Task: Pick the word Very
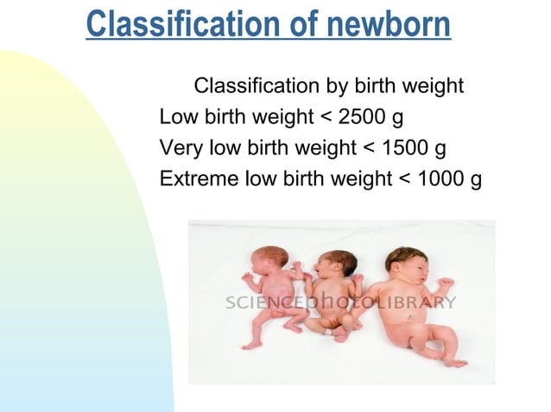pos(180,148)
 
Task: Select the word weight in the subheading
pos(434,87)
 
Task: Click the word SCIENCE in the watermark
pos(260,303)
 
